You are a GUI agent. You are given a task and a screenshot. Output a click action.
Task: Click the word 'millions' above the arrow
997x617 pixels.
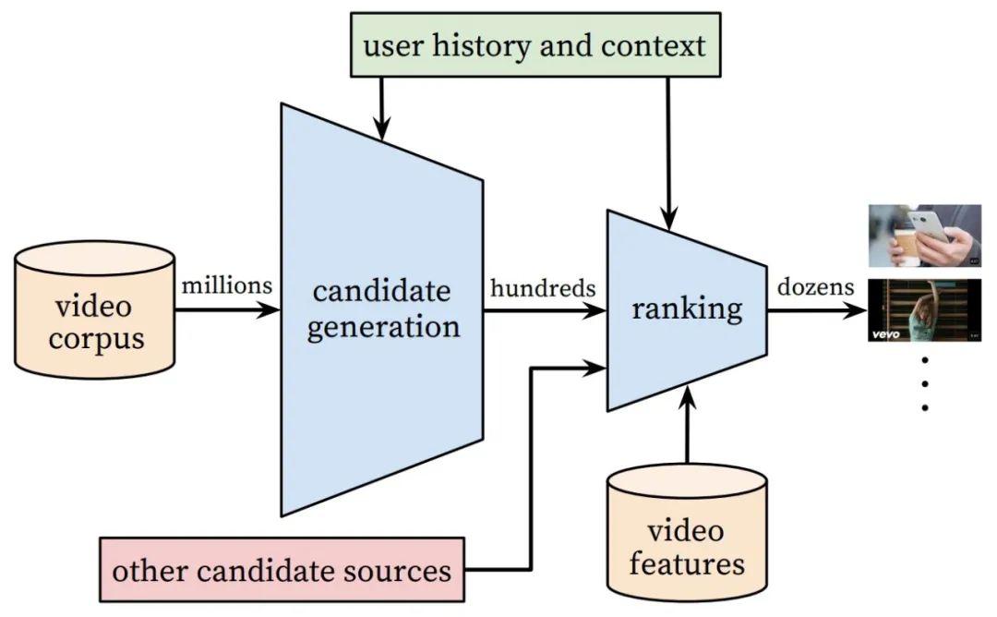[x=227, y=285]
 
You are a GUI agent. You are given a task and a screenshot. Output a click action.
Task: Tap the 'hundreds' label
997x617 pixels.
[x=543, y=288]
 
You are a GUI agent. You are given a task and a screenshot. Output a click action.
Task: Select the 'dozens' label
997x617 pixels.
[x=816, y=287]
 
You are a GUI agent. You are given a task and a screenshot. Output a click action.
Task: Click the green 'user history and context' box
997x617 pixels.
[x=535, y=44]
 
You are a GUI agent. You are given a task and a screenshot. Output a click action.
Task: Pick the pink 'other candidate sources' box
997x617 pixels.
[x=282, y=569]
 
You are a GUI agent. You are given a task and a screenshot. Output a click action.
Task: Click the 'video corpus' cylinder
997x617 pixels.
[x=95, y=309]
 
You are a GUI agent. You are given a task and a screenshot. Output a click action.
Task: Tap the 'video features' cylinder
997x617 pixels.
[x=687, y=532]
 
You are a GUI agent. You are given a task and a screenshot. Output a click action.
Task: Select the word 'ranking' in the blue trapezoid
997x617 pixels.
[x=687, y=309]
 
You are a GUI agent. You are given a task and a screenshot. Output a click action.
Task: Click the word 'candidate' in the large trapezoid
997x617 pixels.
[x=381, y=291]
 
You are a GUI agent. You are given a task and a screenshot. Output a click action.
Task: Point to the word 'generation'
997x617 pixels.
[x=383, y=328]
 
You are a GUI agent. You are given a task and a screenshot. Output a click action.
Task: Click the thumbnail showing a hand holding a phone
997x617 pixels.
[x=924, y=236]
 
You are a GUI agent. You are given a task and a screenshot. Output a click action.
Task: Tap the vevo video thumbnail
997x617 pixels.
[x=924, y=310]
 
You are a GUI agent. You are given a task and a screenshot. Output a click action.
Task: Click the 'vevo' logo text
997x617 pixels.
[x=885, y=334]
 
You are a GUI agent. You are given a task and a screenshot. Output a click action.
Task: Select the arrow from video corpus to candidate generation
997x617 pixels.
[x=228, y=310]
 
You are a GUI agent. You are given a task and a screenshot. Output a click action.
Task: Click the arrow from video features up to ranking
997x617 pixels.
[x=688, y=424]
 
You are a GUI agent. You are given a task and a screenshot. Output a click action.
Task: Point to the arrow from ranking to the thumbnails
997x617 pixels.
[x=817, y=310]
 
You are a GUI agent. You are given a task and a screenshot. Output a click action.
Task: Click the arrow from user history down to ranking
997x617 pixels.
[x=668, y=153]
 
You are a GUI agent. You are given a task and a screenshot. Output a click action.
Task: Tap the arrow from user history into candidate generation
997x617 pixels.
[x=381, y=109]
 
